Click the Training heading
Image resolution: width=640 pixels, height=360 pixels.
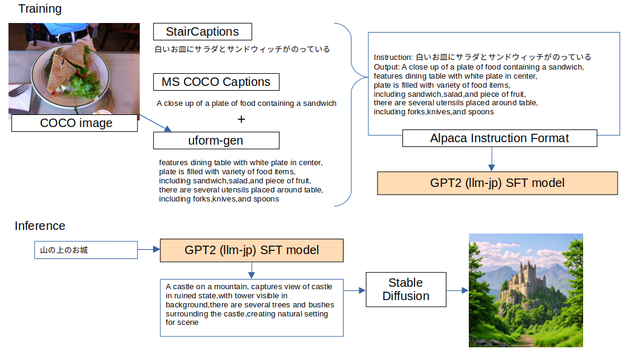pyautogui.click(x=40, y=9)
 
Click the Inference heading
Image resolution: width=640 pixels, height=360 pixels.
pyautogui.click(x=40, y=226)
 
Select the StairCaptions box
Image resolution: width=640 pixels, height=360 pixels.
pyautogui.click(x=202, y=31)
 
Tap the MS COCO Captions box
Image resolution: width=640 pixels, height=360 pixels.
pyautogui.click(x=216, y=82)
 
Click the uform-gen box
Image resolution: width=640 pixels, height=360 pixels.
pyautogui.click(x=216, y=141)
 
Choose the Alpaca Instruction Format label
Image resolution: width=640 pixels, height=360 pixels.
pyautogui.click(x=499, y=138)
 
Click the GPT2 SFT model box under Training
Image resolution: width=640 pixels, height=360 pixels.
pyautogui.click(x=497, y=183)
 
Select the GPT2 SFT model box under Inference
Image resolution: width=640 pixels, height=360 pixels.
pyautogui.click(x=251, y=250)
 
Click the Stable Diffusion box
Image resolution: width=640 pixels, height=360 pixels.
pyautogui.click(x=405, y=290)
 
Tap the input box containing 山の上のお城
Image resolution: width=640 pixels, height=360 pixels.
pyautogui.click(x=85, y=250)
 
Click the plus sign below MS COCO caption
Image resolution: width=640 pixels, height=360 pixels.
pyautogui.click(x=241, y=120)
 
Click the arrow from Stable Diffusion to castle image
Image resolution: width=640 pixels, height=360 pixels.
pyautogui.click(x=457, y=290)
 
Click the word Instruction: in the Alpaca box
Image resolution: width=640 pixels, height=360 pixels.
pyautogui.click(x=393, y=57)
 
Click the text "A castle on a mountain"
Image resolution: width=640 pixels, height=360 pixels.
pyautogui.click(x=206, y=286)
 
